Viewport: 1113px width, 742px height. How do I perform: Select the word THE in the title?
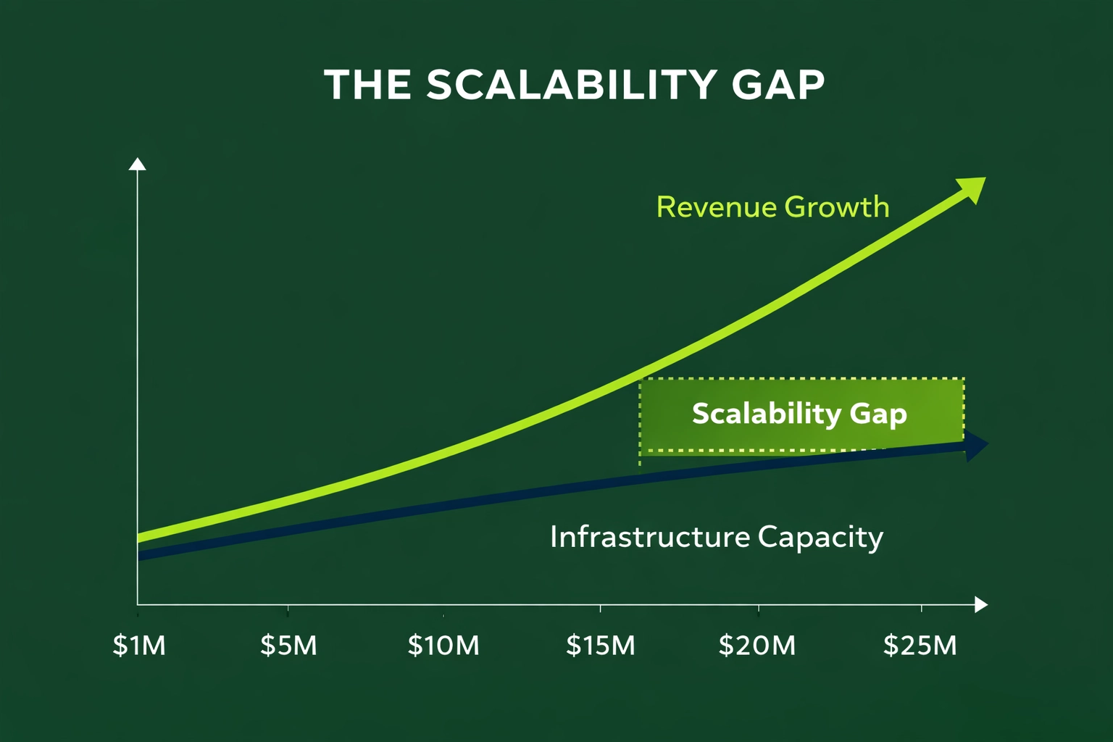[x=367, y=85]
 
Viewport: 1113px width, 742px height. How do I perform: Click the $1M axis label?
[x=139, y=645]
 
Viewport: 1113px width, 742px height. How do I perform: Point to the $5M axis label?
[x=288, y=645]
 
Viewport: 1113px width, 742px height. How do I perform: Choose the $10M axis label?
[x=443, y=645]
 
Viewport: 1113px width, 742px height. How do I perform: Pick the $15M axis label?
[x=600, y=645]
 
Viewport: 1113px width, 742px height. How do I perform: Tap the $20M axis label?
[x=757, y=645]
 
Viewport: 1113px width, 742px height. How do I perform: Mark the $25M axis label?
[x=920, y=645]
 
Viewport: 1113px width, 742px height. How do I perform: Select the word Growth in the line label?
[x=836, y=207]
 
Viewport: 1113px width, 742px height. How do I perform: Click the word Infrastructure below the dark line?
[x=649, y=537]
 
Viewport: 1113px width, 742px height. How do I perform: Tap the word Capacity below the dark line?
[x=820, y=538]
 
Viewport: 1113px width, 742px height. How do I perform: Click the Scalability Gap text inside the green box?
[x=799, y=414]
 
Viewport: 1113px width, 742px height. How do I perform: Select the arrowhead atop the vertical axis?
[x=137, y=164]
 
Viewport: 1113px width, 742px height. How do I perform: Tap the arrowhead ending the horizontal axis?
[x=981, y=604]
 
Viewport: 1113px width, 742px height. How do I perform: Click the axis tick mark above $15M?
[x=600, y=608]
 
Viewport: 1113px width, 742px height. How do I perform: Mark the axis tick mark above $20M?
[x=759, y=608]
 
